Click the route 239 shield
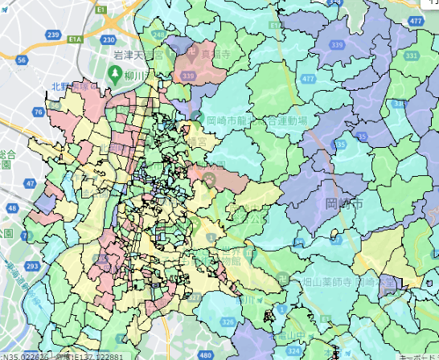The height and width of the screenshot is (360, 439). pos(54,35)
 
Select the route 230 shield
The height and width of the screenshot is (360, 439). pos(109,39)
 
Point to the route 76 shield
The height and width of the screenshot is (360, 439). pos(39,112)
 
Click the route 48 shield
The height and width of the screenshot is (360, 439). pos(11,208)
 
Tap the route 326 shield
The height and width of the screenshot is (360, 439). pos(228,323)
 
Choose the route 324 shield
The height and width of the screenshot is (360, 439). pos(294,351)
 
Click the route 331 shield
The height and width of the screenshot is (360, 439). pos(411,56)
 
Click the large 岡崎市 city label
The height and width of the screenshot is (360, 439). pos(344,204)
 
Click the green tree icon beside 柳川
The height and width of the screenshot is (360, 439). pos(114,74)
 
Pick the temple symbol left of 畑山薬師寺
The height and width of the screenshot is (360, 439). pos(294,282)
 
